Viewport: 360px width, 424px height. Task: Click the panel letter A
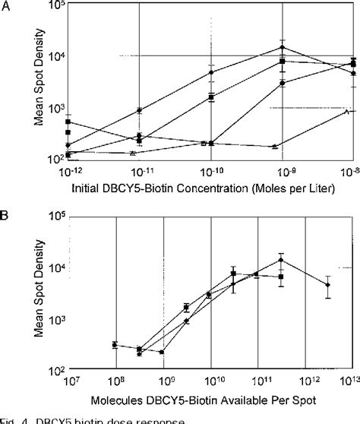(x=7, y=7)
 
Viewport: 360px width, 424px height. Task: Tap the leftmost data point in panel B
(x=115, y=345)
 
